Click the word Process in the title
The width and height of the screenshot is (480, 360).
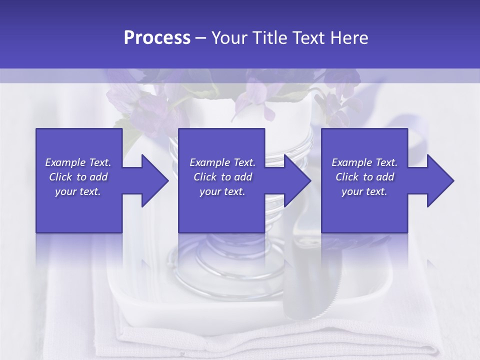(x=157, y=38)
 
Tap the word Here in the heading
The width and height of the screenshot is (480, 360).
(x=349, y=38)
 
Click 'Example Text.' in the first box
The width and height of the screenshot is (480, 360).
(x=78, y=162)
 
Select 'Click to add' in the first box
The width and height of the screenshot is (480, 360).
(x=78, y=177)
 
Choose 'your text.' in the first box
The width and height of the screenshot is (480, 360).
(x=78, y=191)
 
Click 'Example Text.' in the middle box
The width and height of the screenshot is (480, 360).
(x=222, y=162)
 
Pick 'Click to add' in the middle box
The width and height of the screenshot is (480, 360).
(x=222, y=177)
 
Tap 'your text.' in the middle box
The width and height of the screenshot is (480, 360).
(x=222, y=191)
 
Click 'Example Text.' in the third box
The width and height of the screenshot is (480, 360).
(x=364, y=162)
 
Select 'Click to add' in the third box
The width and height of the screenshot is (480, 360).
(x=364, y=177)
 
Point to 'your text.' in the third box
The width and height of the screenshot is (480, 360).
(x=364, y=191)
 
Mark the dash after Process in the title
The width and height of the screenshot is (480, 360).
(x=201, y=38)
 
